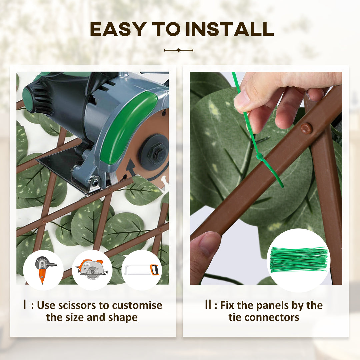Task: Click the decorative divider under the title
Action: click(x=179, y=50)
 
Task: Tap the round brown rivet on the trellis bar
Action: click(x=306, y=129)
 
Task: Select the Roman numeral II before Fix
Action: click(x=208, y=305)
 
